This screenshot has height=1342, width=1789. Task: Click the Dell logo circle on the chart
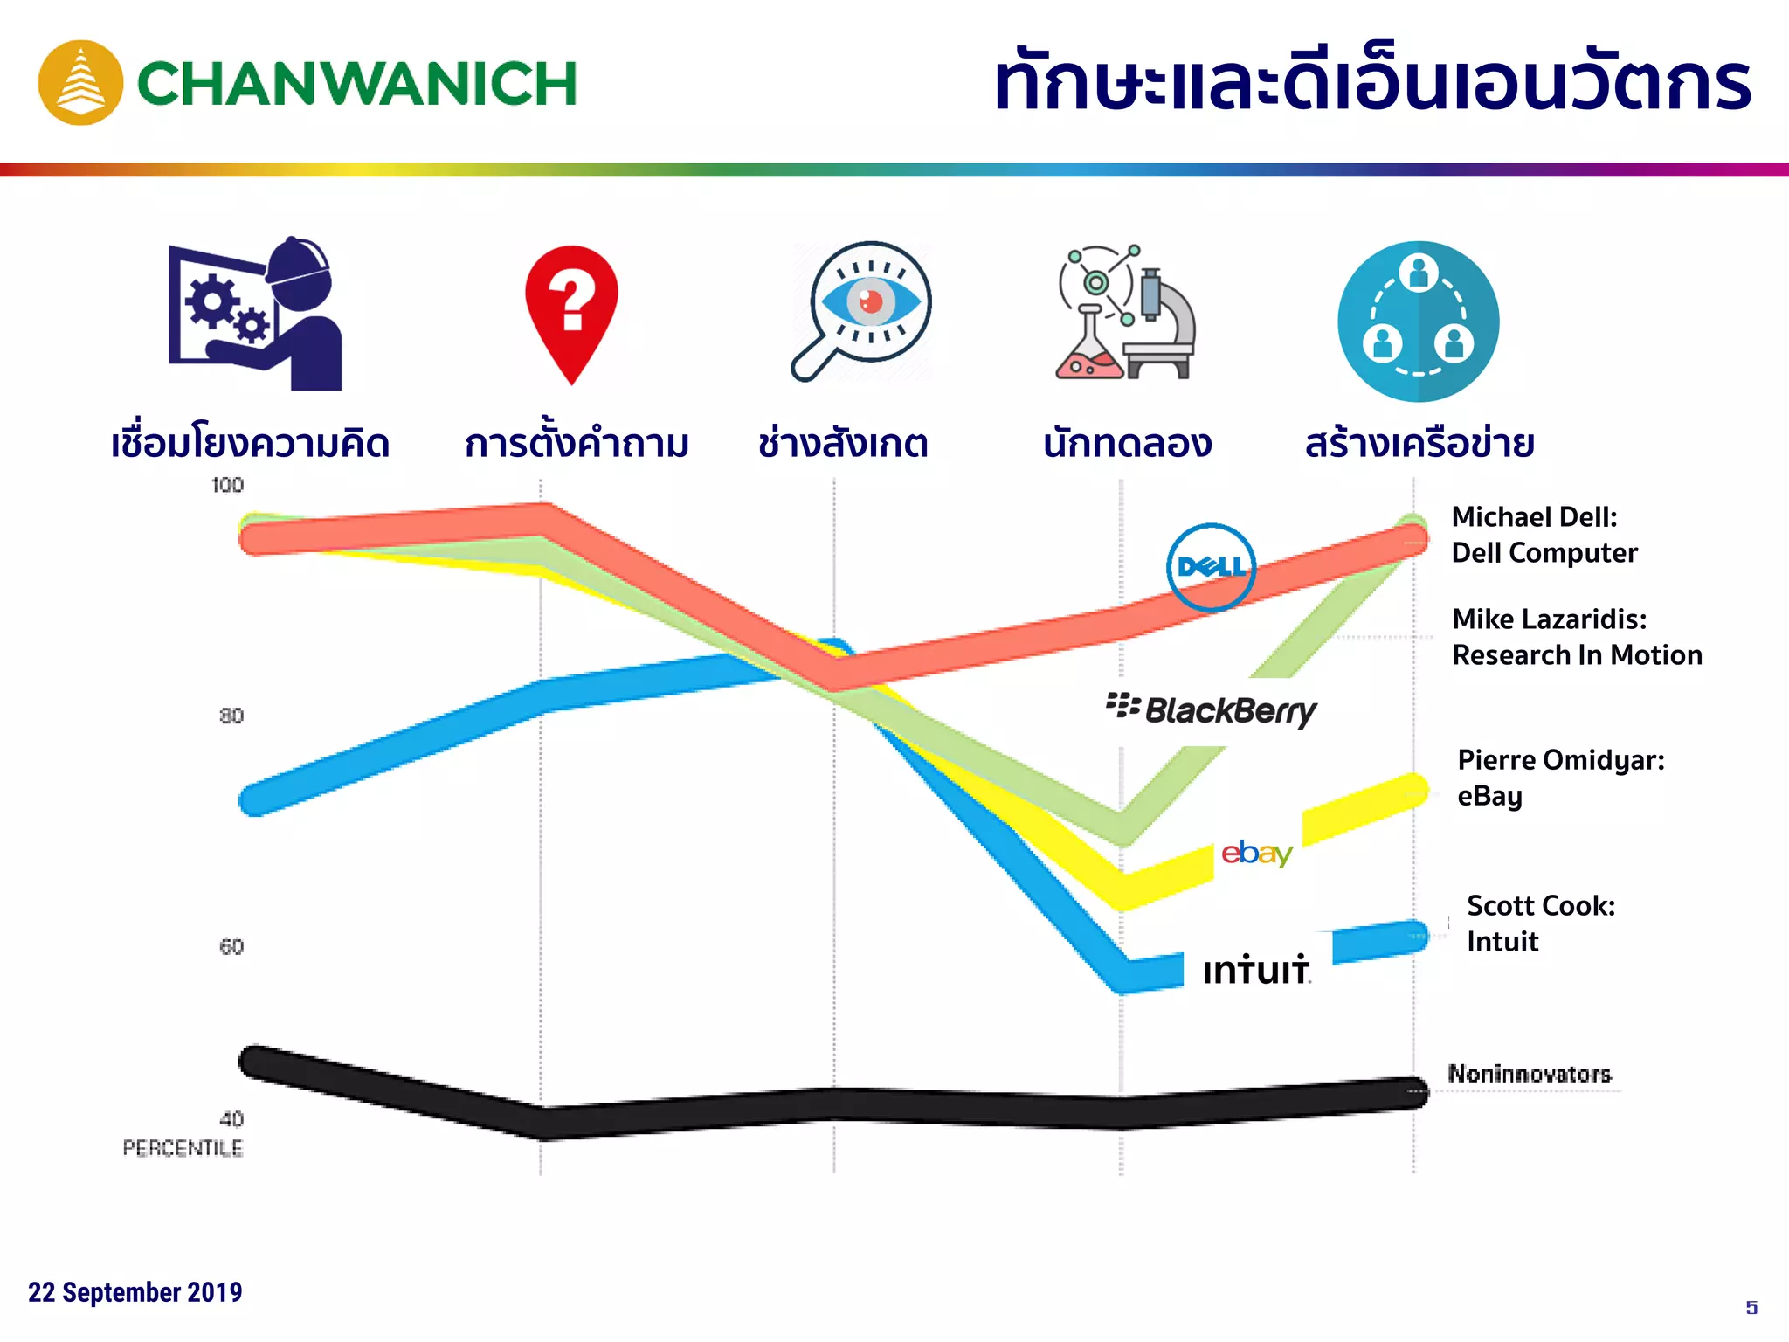[1211, 567]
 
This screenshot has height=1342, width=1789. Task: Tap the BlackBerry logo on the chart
[1212, 710]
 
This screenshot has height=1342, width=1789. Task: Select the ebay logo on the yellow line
[1257, 853]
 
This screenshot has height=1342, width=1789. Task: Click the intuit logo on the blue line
[1256, 970]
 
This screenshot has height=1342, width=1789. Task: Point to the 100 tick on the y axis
[227, 485]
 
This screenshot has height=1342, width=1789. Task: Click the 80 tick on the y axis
[231, 716]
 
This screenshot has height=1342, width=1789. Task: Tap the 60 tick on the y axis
[231, 946]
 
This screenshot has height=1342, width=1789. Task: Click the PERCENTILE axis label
[183, 1147]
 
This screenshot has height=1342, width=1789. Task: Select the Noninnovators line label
[1529, 1074]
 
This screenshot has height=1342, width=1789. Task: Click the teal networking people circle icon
[1418, 322]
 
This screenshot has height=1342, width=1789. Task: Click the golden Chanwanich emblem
[80, 83]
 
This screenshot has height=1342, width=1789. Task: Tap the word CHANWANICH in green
[357, 84]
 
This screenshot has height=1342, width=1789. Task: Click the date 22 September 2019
[135, 1291]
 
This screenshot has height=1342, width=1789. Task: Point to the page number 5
[1751, 1307]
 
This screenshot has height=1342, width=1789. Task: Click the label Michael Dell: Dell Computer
[1544, 535]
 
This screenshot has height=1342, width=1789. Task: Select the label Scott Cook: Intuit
[1540, 923]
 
